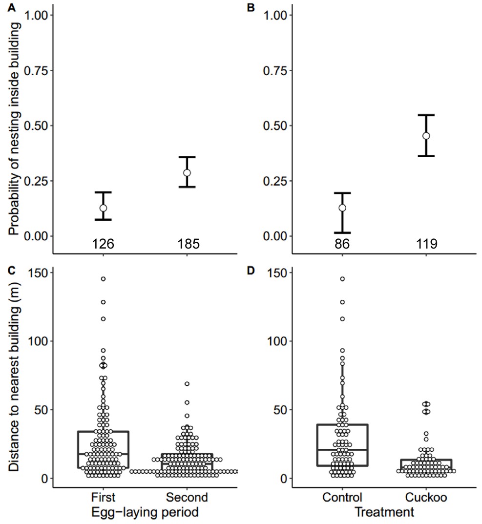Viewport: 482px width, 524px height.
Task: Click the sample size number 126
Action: pos(103,244)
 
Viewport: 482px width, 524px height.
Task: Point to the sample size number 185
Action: pos(189,244)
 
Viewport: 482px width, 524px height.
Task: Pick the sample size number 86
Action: pos(342,244)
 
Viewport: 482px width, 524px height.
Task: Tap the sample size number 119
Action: pos(426,244)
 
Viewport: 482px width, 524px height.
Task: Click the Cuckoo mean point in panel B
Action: pos(426,135)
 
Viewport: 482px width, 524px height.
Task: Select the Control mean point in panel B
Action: pos(342,208)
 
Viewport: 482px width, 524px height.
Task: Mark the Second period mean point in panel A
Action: pos(187,172)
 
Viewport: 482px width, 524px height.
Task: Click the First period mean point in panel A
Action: pos(103,208)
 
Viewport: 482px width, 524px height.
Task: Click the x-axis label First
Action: pos(103,498)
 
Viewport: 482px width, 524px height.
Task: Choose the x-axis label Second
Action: pos(187,498)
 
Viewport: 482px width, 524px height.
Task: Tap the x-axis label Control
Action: pos(342,498)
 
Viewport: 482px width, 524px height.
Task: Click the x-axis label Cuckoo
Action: pos(426,498)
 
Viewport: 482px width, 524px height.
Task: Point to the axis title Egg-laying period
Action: pos(145,513)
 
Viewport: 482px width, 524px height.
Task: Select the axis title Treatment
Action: pos(383,513)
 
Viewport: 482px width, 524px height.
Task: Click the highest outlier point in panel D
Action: pos(342,279)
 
